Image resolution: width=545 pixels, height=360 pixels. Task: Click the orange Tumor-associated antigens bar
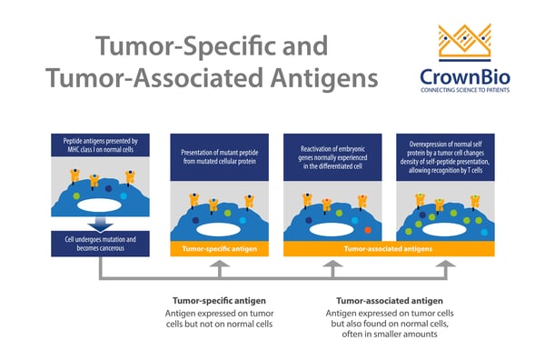click(390, 246)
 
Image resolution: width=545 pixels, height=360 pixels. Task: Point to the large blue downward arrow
click(100, 223)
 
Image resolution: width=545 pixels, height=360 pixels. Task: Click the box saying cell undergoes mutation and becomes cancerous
click(100, 244)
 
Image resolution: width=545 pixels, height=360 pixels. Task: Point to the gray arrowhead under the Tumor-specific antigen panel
click(217, 265)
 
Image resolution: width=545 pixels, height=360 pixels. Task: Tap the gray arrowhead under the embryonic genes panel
click(332, 265)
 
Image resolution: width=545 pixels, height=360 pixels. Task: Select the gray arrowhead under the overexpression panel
click(445, 265)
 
